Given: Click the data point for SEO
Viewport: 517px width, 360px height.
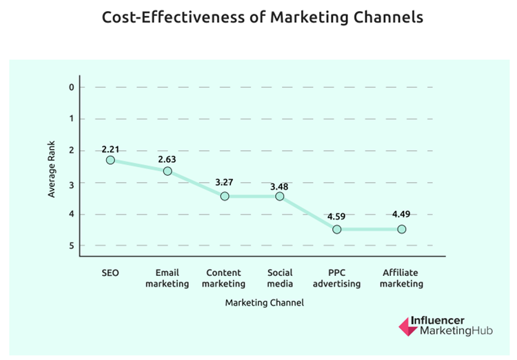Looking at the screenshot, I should point(110,160).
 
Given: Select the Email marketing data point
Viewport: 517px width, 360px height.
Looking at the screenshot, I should point(168,171).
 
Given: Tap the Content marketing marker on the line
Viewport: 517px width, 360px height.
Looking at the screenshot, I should point(224,196).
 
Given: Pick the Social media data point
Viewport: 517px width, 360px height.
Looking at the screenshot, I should point(280,196).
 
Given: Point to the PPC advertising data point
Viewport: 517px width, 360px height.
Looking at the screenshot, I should point(336,229).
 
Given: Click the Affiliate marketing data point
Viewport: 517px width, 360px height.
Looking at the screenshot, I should point(401,229).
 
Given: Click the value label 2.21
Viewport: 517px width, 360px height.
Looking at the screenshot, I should point(110,148).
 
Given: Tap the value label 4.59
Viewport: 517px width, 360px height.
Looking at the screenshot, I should point(336,217).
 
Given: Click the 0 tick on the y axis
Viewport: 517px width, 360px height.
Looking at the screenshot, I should point(71,87).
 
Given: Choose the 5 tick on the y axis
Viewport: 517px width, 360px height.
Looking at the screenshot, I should point(71,246).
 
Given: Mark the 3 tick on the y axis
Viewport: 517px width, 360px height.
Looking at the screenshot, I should point(71,182).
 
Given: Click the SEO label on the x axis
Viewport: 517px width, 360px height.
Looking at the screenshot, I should point(110,273).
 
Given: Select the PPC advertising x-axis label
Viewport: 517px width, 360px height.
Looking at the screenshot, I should point(336,279).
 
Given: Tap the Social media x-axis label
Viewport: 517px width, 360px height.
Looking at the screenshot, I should point(280,279).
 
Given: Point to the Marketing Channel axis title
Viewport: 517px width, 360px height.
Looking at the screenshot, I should point(264,302).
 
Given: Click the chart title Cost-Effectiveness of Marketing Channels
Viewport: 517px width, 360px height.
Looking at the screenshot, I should point(262,17).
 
